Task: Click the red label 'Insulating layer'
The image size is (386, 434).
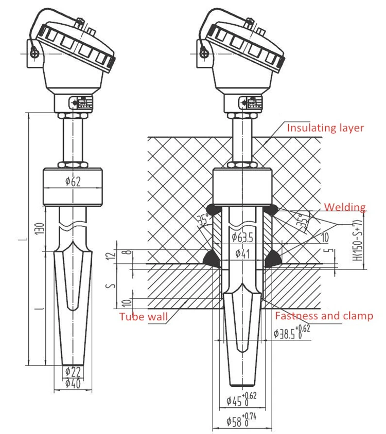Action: point(325,128)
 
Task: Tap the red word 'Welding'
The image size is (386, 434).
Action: point(345,207)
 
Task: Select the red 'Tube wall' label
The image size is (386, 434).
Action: point(144,316)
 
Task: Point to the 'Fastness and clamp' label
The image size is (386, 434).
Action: point(324,316)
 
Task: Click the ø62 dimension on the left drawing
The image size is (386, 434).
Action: point(73,182)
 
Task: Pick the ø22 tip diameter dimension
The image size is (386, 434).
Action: point(73,372)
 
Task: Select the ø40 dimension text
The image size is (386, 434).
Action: point(73,383)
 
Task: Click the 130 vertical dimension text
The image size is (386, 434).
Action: point(40,229)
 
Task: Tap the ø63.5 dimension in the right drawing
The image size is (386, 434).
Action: point(242,237)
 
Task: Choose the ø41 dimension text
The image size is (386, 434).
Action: point(243,254)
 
